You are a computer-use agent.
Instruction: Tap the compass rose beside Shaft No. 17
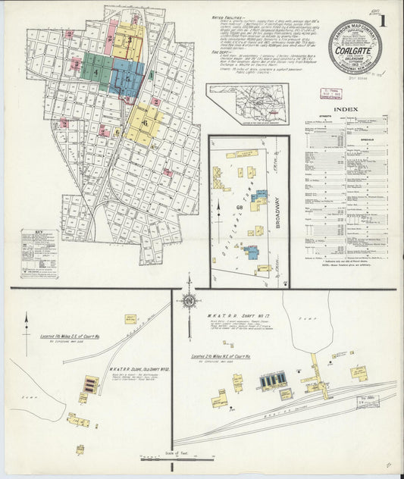pyautogui.click(x=189, y=301)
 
